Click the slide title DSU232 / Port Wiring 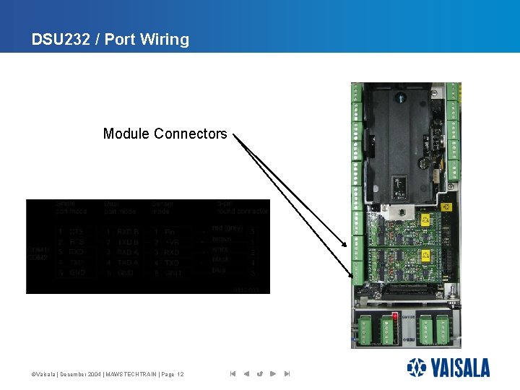point(110,40)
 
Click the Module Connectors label point(165,134)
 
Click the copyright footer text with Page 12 point(108,374)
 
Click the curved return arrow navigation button point(259,374)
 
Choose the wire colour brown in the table point(222,239)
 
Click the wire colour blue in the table point(220,270)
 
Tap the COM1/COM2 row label point(37,253)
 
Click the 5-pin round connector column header point(242,207)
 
